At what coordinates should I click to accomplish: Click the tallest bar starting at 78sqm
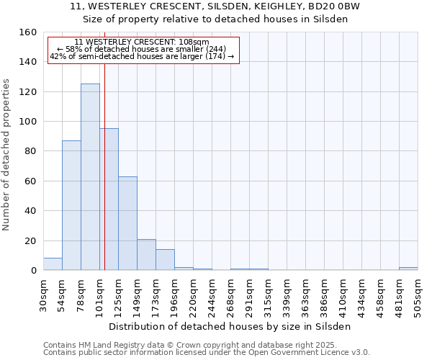[x=90, y=177]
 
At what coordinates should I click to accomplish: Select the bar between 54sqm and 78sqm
[x=71, y=205]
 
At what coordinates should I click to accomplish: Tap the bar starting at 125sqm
[x=127, y=223]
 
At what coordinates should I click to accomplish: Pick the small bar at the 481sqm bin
[x=408, y=269]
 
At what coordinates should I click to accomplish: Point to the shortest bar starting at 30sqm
[x=53, y=264]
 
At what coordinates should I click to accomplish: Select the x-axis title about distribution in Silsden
[x=230, y=326]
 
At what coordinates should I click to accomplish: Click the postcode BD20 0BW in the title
[x=333, y=6]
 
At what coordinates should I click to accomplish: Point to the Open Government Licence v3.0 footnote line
[x=207, y=353]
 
